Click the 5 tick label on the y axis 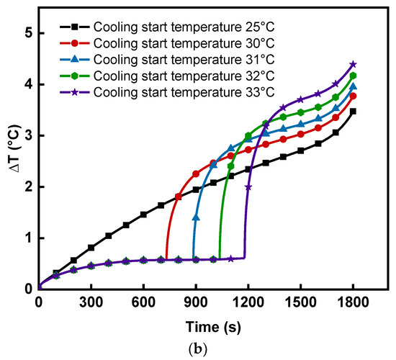tap(27, 33)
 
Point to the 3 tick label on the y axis tap(27, 135)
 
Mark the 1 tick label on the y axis tap(27, 238)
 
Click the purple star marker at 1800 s tap(353, 65)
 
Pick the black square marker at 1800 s tap(353, 112)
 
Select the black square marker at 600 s tap(143, 215)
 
